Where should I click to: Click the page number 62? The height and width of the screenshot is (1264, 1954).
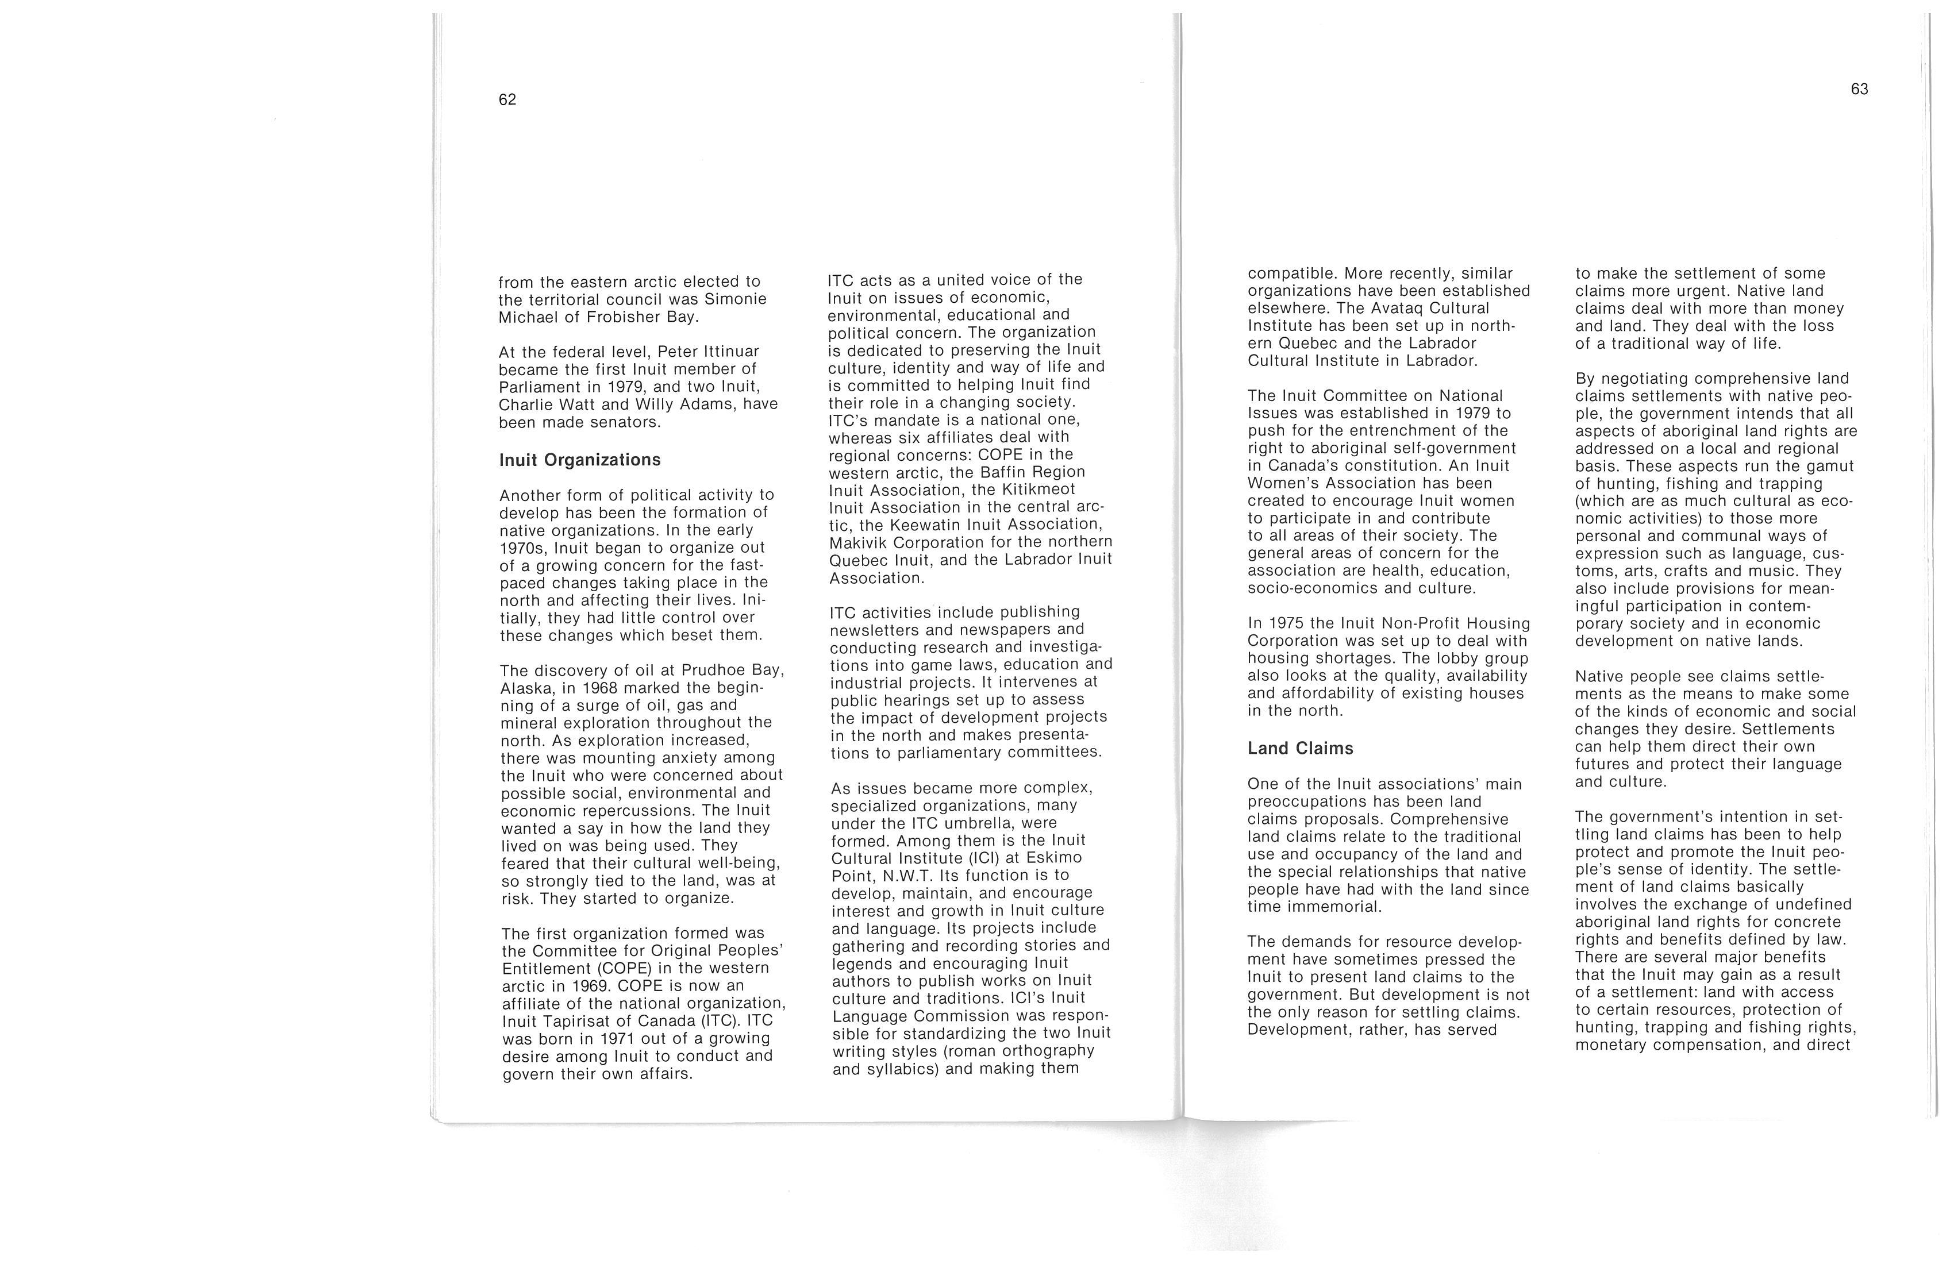tap(507, 99)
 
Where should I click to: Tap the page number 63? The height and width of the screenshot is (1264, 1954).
tap(1860, 88)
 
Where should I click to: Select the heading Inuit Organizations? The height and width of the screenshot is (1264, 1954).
tap(580, 460)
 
